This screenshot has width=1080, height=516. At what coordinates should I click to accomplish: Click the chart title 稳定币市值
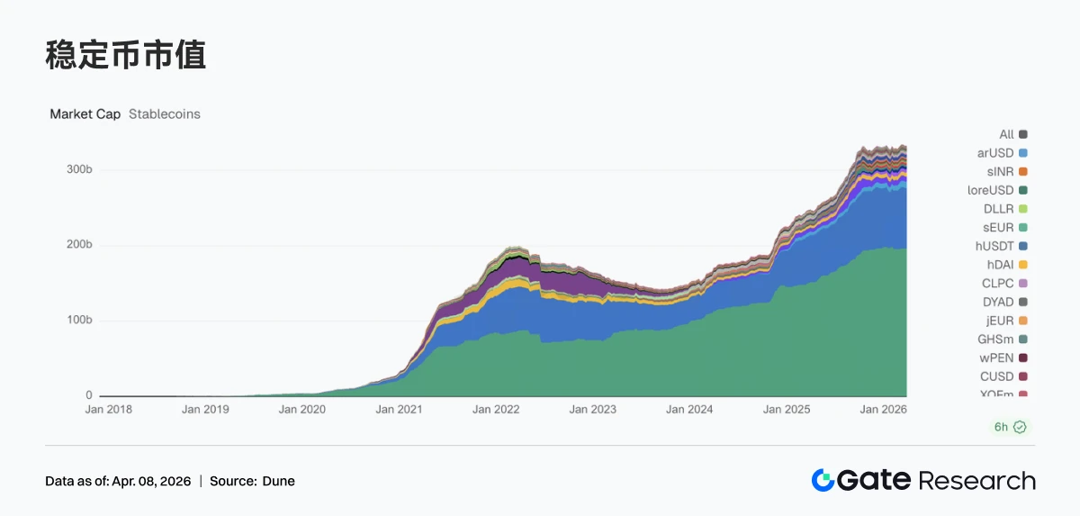point(125,56)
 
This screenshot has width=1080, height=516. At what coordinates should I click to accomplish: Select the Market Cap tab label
point(85,114)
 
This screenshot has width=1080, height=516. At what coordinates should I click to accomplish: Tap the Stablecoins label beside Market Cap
point(165,114)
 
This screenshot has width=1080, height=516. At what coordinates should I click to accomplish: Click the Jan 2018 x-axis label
point(108,409)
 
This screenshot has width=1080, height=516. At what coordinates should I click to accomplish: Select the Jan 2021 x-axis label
point(398,409)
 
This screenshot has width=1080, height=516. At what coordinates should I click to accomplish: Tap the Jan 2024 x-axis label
point(688,409)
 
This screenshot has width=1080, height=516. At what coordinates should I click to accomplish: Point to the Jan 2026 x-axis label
point(882,409)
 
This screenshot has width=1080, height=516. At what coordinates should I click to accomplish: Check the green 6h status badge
point(1009,427)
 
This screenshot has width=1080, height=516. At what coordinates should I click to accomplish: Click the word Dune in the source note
point(278,481)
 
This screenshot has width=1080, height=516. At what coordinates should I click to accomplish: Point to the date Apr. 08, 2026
point(152,481)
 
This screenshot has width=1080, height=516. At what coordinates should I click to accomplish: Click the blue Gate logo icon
point(823,480)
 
